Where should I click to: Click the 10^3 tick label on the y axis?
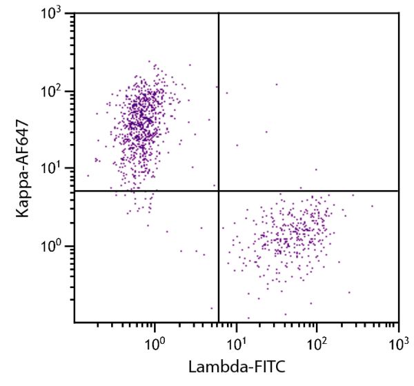coord(56,13)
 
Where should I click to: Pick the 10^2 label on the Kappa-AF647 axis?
coord(56,90)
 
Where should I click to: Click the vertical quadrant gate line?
coord(219,103)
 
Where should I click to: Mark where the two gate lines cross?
coord(219,191)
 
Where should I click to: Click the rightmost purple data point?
coord(371,205)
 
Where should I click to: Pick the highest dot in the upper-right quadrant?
coord(277,85)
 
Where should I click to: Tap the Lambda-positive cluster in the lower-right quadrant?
coord(290,238)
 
